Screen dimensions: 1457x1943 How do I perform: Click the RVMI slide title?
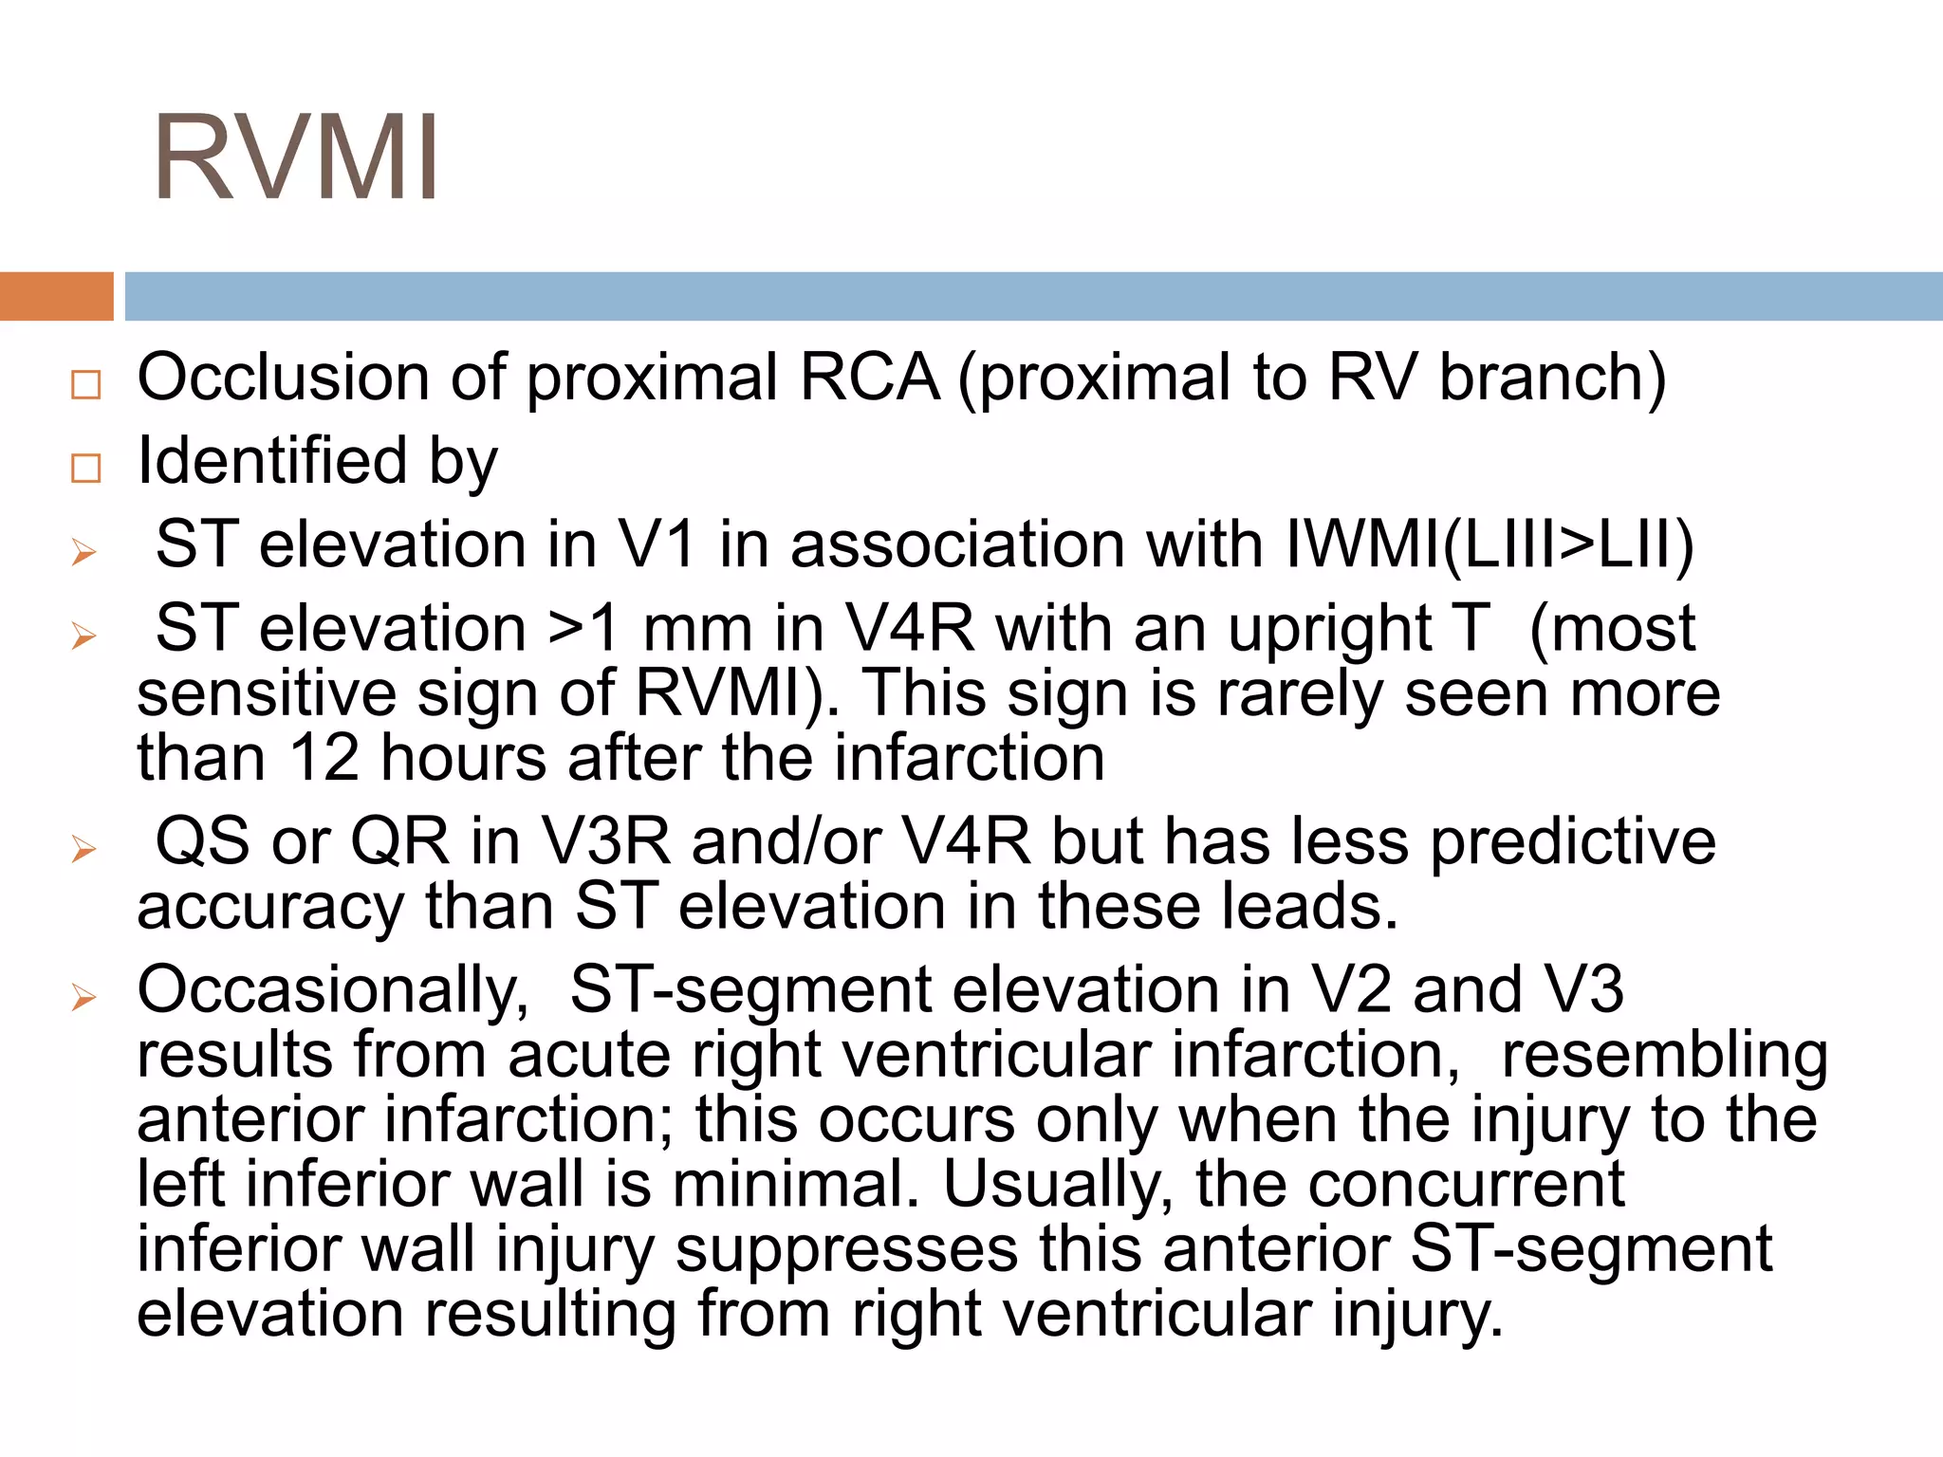click(295, 157)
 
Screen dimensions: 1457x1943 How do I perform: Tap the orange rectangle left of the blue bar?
click(56, 296)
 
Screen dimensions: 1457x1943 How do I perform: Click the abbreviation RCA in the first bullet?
click(869, 378)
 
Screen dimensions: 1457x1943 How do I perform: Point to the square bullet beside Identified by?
click(85, 468)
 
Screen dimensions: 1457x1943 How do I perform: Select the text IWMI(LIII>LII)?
click(1489, 545)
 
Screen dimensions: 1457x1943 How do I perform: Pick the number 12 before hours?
click(324, 759)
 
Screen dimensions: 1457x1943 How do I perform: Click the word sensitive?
click(267, 693)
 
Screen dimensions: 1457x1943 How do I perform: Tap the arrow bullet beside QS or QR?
click(84, 849)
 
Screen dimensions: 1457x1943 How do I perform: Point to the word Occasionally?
click(333, 990)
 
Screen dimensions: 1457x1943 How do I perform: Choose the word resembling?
click(1664, 1056)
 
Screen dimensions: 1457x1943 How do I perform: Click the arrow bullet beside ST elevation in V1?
click(84, 552)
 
